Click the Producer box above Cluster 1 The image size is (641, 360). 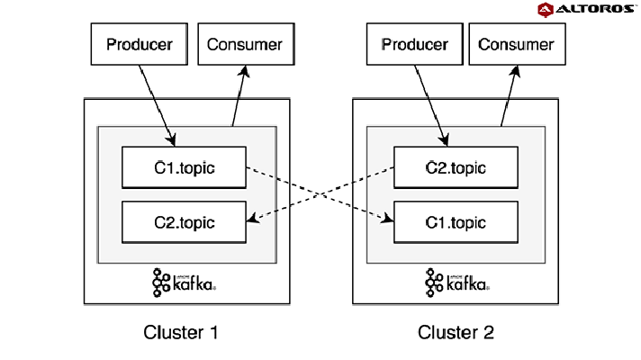click(140, 44)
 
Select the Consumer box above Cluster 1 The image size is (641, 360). click(246, 44)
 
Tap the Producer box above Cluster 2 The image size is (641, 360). click(414, 44)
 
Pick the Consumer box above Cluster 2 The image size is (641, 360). click(517, 44)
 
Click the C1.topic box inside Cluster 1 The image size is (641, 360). click(184, 167)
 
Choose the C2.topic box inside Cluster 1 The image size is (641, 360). click(184, 222)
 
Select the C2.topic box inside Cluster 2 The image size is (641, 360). click(456, 167)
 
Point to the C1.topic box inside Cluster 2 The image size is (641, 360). click(456, 222)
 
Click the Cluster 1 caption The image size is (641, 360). click(181, 332)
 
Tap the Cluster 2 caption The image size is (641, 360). click(456, 332)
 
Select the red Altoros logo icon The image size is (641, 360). click(546, 10)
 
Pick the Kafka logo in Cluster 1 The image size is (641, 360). click(184, 283)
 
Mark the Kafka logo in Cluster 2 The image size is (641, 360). click(457, 283)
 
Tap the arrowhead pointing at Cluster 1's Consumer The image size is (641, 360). click(245, 71)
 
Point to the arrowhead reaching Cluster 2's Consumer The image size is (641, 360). click(516, 71)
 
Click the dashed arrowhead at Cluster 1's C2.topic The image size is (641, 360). click(254, 219)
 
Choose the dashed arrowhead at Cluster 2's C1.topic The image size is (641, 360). click(387, 219)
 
